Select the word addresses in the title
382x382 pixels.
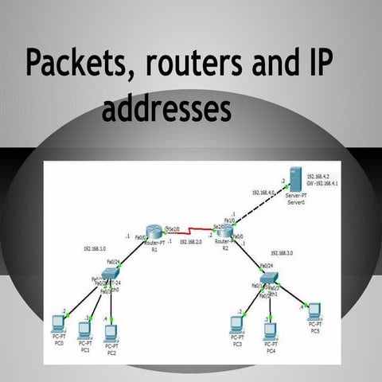(166, 109)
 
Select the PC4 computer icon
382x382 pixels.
(271, 329)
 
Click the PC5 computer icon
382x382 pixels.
(314, 310)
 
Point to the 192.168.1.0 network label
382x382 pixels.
(98, 248)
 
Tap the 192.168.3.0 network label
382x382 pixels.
(282, 252)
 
